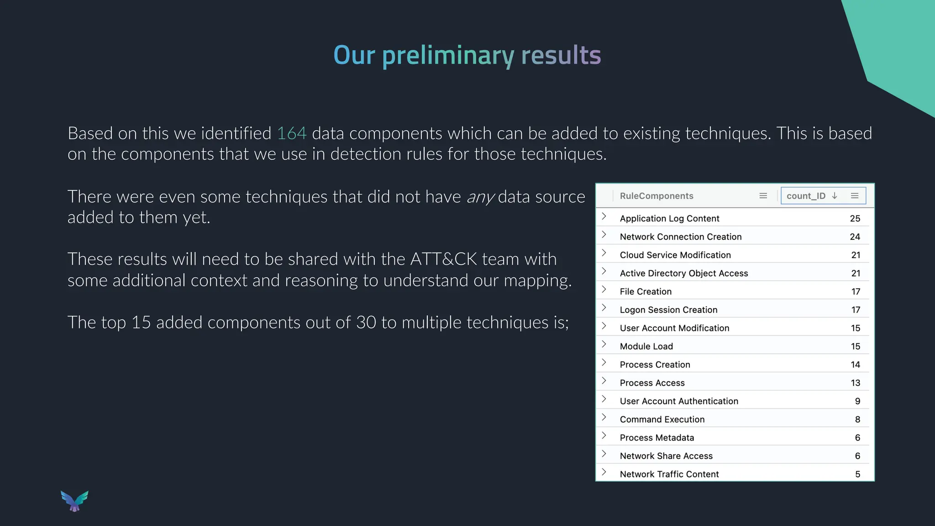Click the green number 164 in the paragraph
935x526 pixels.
coord(292,133)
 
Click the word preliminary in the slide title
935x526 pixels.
coord(448,56)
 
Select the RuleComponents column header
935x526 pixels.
coord(656,196)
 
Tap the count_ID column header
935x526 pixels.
coord(806,196)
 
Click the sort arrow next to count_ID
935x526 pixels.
coord(835,196)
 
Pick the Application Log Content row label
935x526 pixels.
coord(669,219)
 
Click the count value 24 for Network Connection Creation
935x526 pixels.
coord(855,237)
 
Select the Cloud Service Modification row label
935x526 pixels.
coord(675,255)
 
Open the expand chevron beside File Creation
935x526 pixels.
coord(604,289)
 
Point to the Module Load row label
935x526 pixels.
coord(646,347)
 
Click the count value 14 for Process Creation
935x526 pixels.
coord(855,365)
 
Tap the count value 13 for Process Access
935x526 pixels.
coord(855,383)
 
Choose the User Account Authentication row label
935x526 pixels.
coord(678,401)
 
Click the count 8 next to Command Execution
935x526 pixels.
coord(857,420)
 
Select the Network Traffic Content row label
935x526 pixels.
coord(669,474)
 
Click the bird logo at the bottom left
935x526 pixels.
coord(74,501)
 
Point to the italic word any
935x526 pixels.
coord(480,197)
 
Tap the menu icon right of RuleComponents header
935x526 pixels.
coord(763,196)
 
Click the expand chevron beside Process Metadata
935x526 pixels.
coord(604,436)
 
